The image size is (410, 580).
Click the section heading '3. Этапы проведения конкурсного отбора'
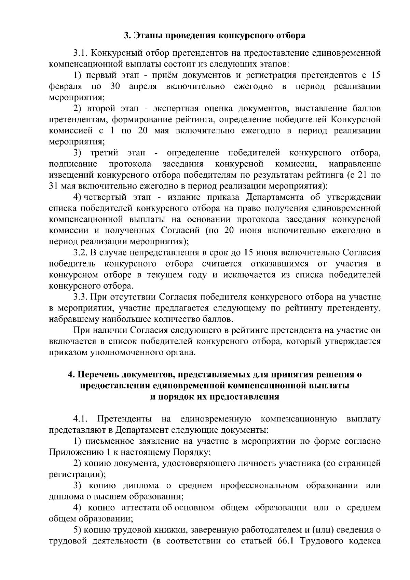click(x=214, y=36)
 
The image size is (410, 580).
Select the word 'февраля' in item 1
click(x=66, y=86)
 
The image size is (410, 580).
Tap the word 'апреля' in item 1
click(x=143, y=86)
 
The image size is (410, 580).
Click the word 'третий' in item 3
click(x=105, y=153)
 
